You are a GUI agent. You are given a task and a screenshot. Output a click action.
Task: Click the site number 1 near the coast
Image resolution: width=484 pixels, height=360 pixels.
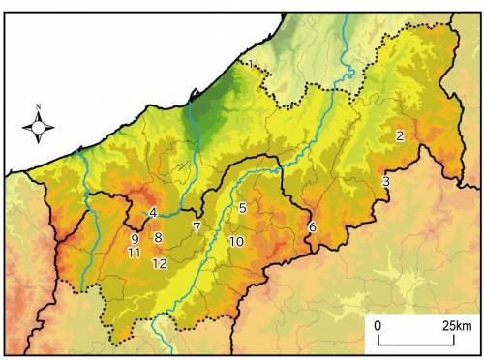pyautogui.click(x=251, y=65)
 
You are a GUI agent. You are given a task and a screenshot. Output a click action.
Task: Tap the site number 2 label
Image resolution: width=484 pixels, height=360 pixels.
pyautogui.click(x=399, y=135)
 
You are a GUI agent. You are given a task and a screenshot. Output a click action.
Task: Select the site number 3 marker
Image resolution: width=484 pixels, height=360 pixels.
pyautogui.click(x=385, y=181)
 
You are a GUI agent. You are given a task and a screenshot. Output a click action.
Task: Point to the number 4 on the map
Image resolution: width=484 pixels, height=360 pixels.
pyautogui.click(x=152, y=213)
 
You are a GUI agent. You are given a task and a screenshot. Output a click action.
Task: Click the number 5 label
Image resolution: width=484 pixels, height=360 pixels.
pyautogui.click(x=242, y=207)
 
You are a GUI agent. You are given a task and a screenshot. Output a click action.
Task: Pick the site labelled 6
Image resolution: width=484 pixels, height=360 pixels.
pyautogui.click(x=312, y=226)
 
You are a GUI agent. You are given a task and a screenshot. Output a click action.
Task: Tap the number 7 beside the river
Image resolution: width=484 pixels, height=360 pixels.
pyautogui.click(x=196, y=226)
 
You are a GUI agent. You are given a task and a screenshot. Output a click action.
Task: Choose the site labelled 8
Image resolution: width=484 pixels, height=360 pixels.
pyautogui.click(x=158, y=237)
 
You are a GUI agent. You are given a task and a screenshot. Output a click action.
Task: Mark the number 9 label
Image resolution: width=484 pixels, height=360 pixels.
pyautogui.click(x=135, y=239)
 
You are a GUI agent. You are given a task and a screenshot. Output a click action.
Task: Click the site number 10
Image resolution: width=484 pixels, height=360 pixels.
pyautogui.click(x=235, y=241)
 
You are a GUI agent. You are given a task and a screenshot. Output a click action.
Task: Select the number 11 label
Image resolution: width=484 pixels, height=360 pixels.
pyautogui.click(x=134, y=253)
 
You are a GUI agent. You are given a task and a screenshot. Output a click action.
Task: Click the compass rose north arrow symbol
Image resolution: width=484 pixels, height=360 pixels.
pyautogui.click(x=38, y=126)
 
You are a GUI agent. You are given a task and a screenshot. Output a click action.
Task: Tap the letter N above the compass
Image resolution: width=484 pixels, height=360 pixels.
pyautogui.click(x=38, y=105)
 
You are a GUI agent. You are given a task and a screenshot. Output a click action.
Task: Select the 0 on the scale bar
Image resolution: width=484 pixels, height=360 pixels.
pyautogui.click(x=378, y=324)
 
